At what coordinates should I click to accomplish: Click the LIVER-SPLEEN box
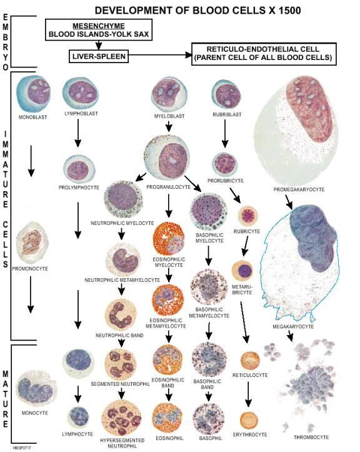(99, 56)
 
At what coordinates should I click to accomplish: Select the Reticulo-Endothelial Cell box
(264, 54)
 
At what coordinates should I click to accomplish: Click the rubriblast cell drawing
(226, 94)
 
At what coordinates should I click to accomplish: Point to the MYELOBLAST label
(169, 116)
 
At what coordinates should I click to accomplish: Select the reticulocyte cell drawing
(250, 361)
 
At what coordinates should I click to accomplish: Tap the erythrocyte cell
(249, 420)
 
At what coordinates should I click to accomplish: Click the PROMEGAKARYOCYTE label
(299, 189)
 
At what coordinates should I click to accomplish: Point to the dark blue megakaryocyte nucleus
(312, 237)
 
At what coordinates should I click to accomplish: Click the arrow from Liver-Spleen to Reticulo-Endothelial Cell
(160, 55)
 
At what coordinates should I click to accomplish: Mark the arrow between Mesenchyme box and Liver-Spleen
(99, 44)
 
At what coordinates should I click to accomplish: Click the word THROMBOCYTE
(311, 437)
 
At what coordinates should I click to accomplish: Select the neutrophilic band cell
(121, 315)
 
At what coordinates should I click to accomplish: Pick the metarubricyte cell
(242, 270)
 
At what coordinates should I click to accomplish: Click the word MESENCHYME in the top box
(99, 26)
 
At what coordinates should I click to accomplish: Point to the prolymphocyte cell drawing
(79, 169)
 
